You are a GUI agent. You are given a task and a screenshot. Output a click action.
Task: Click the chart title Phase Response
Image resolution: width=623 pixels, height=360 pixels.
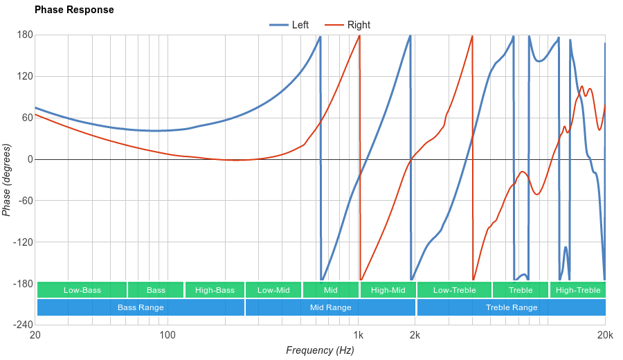(x=74, y=10)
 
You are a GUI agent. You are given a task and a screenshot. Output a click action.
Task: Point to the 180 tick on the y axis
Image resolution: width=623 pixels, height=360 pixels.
(x=24, y=35)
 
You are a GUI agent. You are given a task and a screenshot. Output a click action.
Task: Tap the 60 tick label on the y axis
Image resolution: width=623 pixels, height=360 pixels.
(x=26, y=118)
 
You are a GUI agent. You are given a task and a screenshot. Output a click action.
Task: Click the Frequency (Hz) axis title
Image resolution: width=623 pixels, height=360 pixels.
(x=320, y=350)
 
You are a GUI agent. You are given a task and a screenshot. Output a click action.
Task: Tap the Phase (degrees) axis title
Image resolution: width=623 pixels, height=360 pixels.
(x=7, y=180)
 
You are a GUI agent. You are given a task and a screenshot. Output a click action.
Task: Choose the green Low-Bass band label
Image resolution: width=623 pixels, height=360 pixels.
(x=82, y=290)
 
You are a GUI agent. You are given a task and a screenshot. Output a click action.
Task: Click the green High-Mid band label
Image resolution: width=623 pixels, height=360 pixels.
(x=388, y=290)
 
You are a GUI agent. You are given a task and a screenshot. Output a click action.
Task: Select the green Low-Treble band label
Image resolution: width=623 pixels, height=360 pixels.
(x=454, y=290)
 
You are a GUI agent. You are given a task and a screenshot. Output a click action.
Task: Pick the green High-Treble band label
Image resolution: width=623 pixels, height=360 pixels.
(x=578, y=290)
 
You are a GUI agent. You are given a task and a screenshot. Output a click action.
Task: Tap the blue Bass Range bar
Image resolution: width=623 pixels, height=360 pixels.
(x=141, y=307)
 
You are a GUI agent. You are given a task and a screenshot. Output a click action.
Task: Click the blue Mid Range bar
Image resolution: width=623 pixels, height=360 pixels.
(x=330, y=307)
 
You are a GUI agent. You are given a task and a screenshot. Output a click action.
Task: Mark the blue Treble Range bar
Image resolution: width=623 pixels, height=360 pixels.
(x=512, y=307)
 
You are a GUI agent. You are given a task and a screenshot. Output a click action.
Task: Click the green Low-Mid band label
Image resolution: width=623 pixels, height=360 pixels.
(x=273, y=290)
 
